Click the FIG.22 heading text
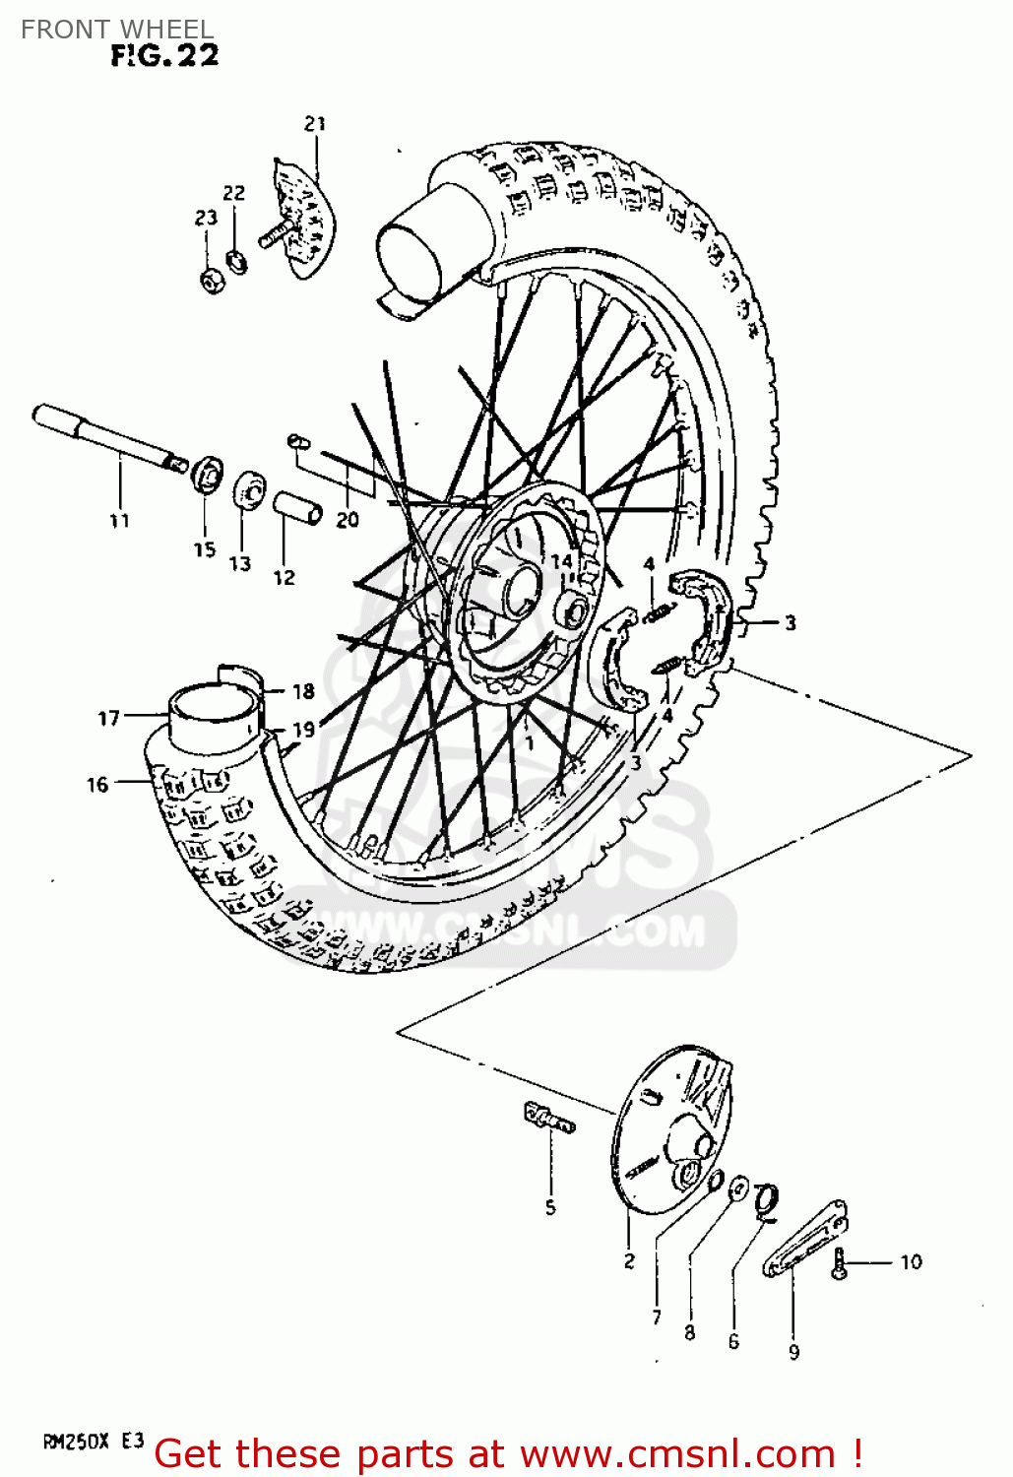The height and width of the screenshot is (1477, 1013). point(164,56)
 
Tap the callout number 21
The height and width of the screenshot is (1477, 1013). point(315,124)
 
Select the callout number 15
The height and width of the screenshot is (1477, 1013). point(204,549)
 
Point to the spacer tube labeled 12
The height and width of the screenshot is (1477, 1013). point(297,508)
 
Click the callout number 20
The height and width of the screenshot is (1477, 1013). point(348,520)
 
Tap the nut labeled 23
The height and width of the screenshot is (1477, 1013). point(211,282)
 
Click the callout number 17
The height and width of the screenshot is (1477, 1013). point(108,719)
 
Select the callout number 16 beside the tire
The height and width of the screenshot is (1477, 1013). point(96,784)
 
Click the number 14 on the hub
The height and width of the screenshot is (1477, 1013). point(561,561)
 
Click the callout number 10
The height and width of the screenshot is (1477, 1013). point(911,1261)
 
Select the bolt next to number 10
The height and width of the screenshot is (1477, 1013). point(840,1262)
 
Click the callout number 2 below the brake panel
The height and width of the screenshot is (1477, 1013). point(629,1260)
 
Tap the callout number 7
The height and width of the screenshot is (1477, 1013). point(657,1316)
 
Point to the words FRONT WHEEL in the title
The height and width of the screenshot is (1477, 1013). point(116,30)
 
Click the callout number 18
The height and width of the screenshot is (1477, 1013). point(303,691)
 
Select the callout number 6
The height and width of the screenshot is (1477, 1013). point(733,1341)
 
